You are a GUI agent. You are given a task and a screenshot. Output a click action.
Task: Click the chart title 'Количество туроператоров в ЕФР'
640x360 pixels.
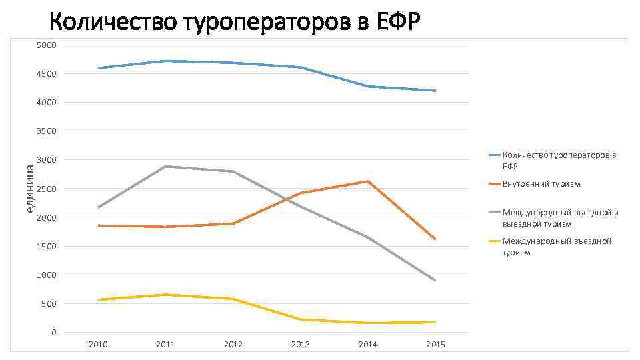click(x=234, y=23)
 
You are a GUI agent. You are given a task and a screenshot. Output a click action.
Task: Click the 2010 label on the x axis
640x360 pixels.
click(x=98, y=345)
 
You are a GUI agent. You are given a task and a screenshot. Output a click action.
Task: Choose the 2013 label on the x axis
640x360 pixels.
click(x=301, y=345)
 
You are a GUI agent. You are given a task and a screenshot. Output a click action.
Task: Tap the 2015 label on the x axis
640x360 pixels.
click(x=435, y=345)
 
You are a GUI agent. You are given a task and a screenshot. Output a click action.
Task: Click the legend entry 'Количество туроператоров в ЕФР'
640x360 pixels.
click(x=559, y=161)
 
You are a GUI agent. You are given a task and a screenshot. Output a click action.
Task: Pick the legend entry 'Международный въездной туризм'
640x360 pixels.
click(x=557, y=247)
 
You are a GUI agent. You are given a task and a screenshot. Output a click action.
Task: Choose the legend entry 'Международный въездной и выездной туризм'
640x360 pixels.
click(x=560, y=218)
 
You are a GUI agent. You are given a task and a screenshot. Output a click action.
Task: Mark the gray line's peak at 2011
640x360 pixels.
click(x=165, y=166)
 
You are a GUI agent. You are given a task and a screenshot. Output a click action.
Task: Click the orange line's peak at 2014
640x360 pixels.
click(x=368, y=181)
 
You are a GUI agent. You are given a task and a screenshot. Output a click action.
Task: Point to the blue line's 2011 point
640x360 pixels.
click(x=165, y=61)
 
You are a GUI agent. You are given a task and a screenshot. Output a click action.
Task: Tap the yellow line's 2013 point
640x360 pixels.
click(x=301, y=319)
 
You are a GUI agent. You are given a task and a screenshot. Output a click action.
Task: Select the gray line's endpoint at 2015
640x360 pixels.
click(x=435, y=281)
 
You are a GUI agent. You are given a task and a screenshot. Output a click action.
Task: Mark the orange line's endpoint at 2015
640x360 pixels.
click(x=435, y=239)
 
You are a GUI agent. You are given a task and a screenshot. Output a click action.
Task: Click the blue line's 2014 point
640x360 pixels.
click(x=368, y=86)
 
